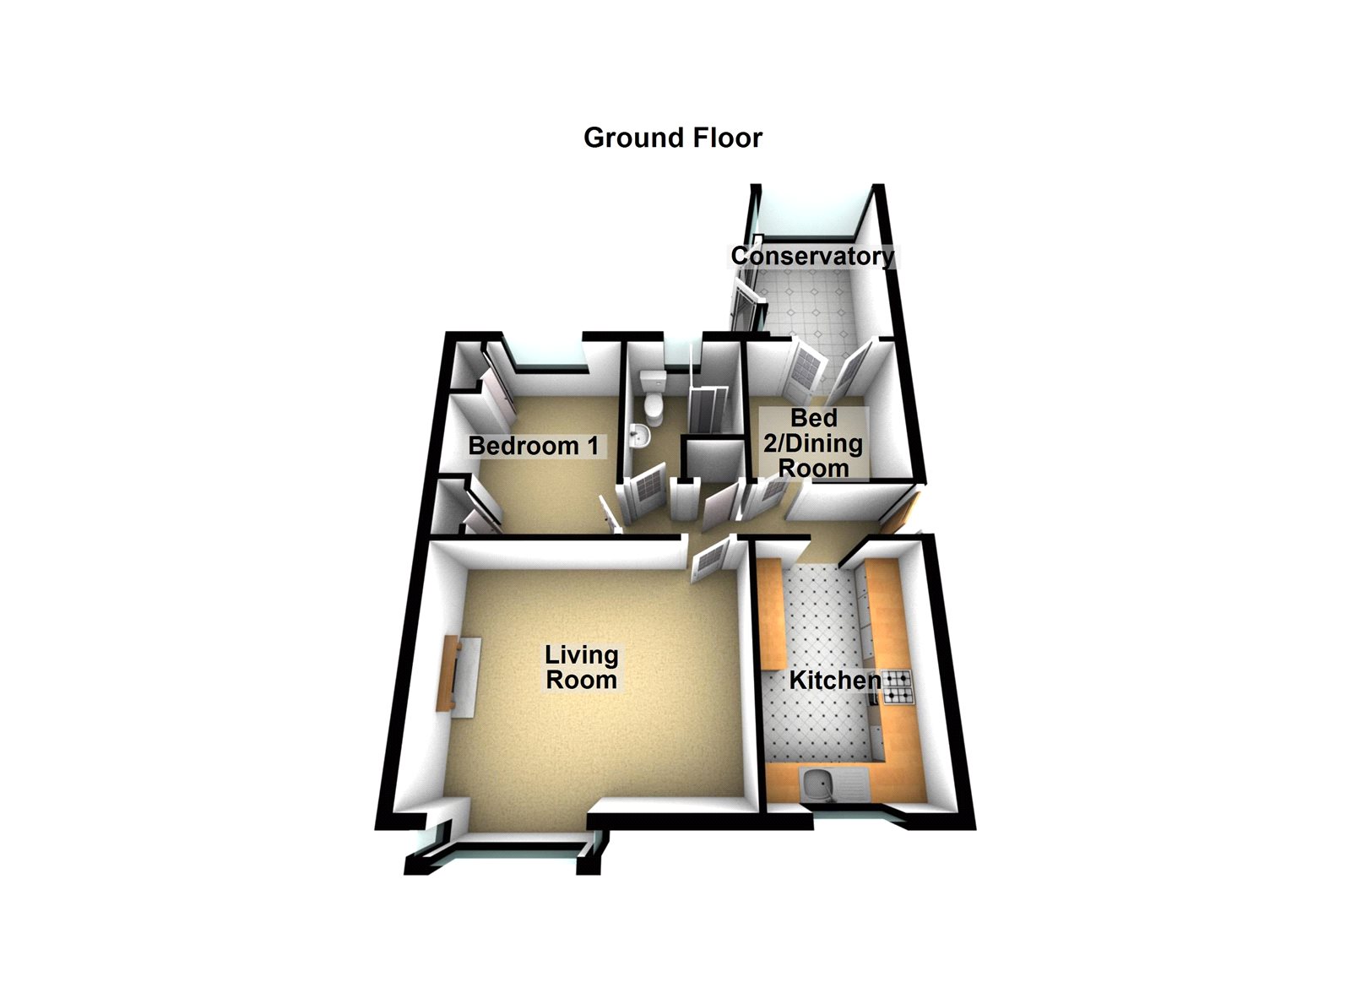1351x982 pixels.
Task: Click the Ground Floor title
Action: click(x=672, y=138)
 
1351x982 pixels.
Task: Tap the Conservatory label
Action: click(x=812, y=256)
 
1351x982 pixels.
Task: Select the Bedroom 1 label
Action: click(x=534, y=446)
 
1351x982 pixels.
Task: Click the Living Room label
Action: click(x=581, y=667)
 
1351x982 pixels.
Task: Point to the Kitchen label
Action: click(x=835, y=680)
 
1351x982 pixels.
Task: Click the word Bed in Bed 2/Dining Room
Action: click(x=814, y=418)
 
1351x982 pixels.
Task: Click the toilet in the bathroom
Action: click(x=653, y=399)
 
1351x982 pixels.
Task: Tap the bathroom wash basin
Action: click(x=639, y=437)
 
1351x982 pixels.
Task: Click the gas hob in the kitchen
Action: click(x=898, y=687)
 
